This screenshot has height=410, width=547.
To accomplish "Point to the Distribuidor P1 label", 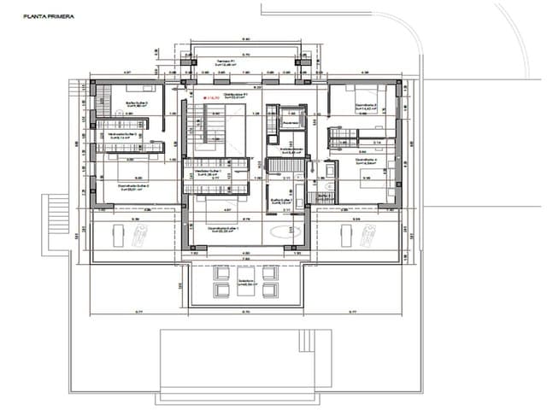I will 235,95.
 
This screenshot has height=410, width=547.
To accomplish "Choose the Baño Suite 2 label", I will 137,103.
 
